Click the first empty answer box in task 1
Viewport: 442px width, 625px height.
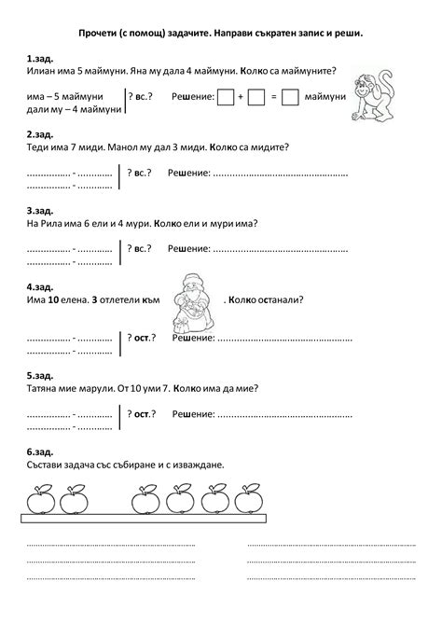point(225,96)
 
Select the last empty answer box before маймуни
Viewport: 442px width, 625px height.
point(290,96)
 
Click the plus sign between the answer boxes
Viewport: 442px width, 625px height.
point(241,96)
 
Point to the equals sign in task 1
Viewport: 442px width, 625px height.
point(274,96)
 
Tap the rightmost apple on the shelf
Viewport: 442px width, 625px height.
point(249,499)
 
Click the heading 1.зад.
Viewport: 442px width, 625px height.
point(40,58)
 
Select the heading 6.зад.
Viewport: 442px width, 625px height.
point(40,451)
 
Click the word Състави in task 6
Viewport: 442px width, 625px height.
point(48,464)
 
